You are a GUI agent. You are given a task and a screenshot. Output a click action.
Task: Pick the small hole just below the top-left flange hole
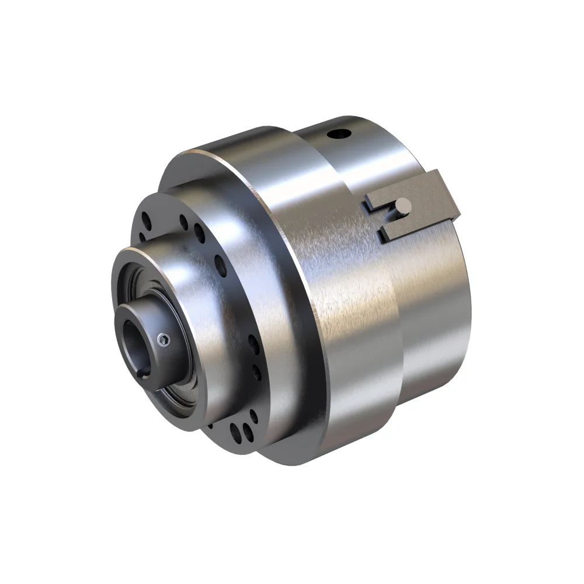coord(144,237)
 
